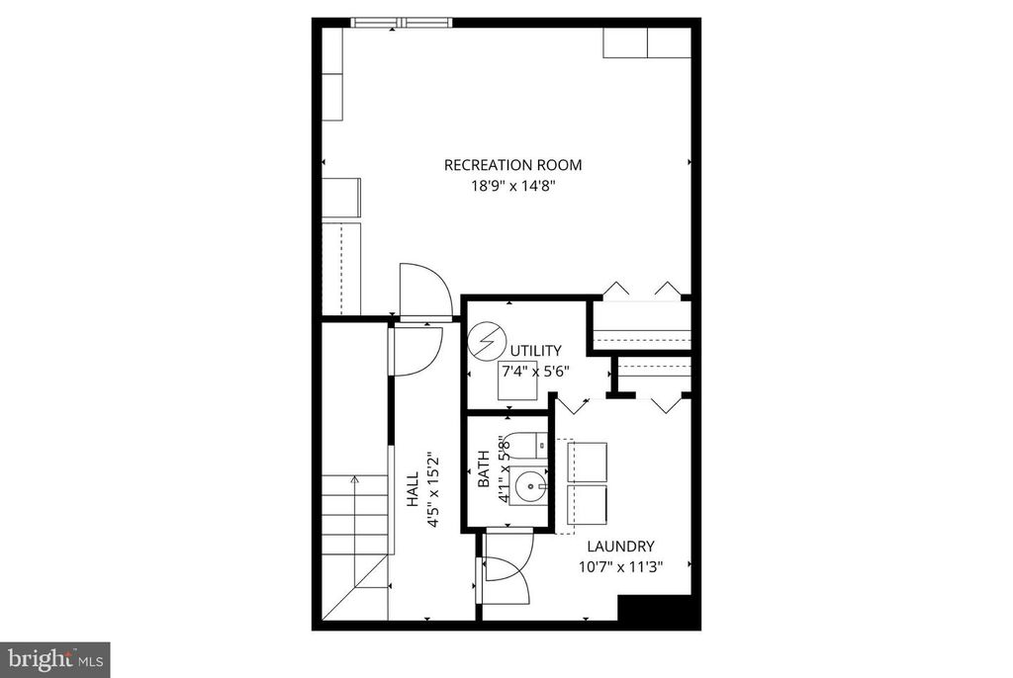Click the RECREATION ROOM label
512,165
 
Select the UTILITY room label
535,351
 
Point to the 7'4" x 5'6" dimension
535,372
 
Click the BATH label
484,470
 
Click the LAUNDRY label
620,547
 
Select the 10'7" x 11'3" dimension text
620,566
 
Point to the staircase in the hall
357,534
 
